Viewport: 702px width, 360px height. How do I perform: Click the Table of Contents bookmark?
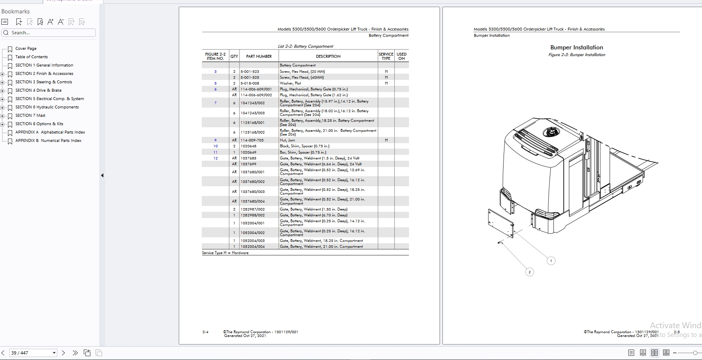point(31,57)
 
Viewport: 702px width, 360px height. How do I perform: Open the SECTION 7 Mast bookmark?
point(30,116)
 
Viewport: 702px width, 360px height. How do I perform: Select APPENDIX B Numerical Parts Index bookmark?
point(48,141)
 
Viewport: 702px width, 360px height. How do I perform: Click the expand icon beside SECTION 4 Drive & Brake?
point(3,91)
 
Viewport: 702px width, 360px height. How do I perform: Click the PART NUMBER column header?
point(259,56)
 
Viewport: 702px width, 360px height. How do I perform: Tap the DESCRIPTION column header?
point(328,56)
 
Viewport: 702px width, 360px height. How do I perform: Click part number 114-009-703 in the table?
point(252,140)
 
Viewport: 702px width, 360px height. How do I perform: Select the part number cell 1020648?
point(248,146)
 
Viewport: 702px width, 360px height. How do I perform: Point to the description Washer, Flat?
point(290,83)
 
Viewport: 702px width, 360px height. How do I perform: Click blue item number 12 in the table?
point(215,158)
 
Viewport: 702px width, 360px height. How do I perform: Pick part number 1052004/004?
point(252,247)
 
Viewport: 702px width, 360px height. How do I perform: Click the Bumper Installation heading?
point(576,47)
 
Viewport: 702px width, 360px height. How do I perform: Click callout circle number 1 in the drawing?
point(551,261)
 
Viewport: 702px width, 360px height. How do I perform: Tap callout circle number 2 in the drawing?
point(529,272)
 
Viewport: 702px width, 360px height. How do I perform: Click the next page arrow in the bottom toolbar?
point(63,353)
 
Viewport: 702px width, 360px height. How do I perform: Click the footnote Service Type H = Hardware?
point(225,253)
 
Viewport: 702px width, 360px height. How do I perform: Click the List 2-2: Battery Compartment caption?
point(305,46)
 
